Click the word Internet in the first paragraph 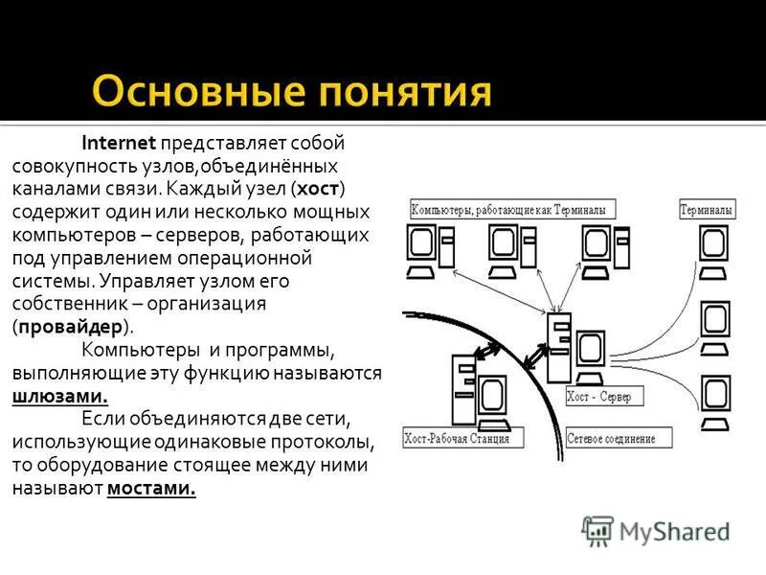click(x=120, y=144)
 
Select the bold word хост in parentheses click(x=320, y=188)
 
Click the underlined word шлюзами click(x=59, y=396)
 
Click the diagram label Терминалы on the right click(x=707, y=209)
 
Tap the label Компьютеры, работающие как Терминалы click(x=512, y=209)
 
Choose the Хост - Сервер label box click(x=604, y=395)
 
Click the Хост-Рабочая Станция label click(x=463, y=439)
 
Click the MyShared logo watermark click(x=656, y=530)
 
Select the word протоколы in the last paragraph click(x=325, y=442)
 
